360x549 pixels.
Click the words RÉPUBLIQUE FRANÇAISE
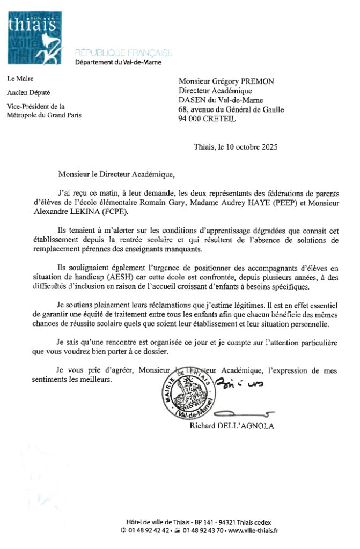coord(124,53)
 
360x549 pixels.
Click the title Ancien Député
coord(28,92)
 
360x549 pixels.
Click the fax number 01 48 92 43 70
coord(201,531)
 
